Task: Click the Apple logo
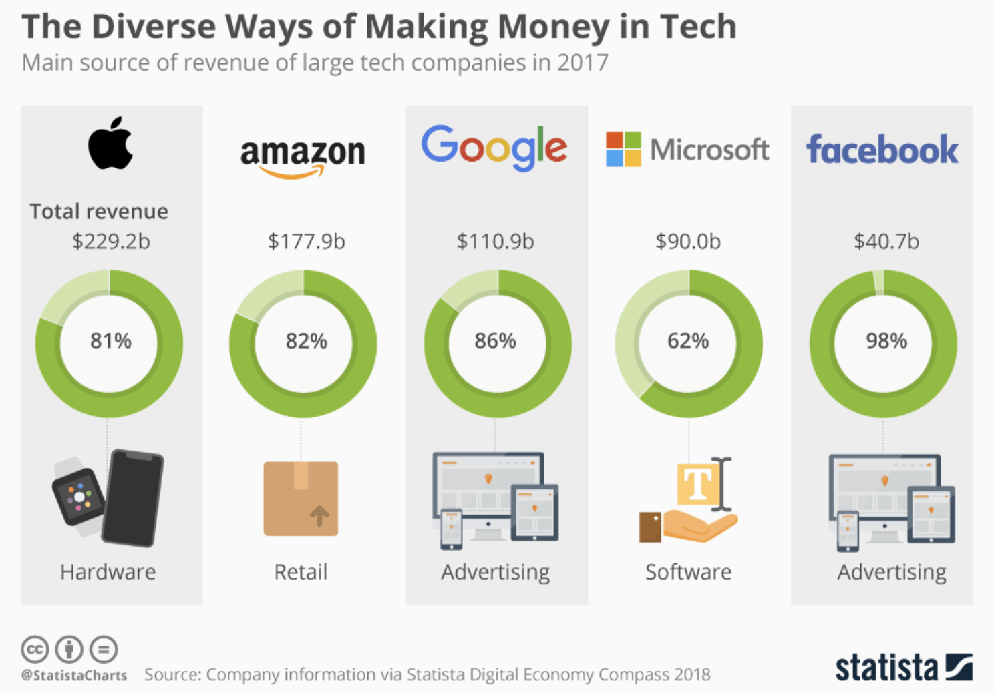(110, 144)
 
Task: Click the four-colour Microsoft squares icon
(623, 149)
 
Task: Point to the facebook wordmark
(882, 149)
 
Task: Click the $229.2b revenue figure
(111, 241)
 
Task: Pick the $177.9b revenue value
(306, 241)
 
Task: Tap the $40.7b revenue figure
(886, 241)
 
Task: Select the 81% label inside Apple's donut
(111, 341)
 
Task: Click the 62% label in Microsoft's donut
(688, 341)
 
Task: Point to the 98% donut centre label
(886, 341)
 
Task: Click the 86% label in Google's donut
(495, 341)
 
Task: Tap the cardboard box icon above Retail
(301, 499)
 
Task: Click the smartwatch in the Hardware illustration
(78, 497)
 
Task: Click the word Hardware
(108, 572)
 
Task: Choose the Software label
(688, 572)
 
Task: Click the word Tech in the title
(698, 27)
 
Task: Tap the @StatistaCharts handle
(74, 676)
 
